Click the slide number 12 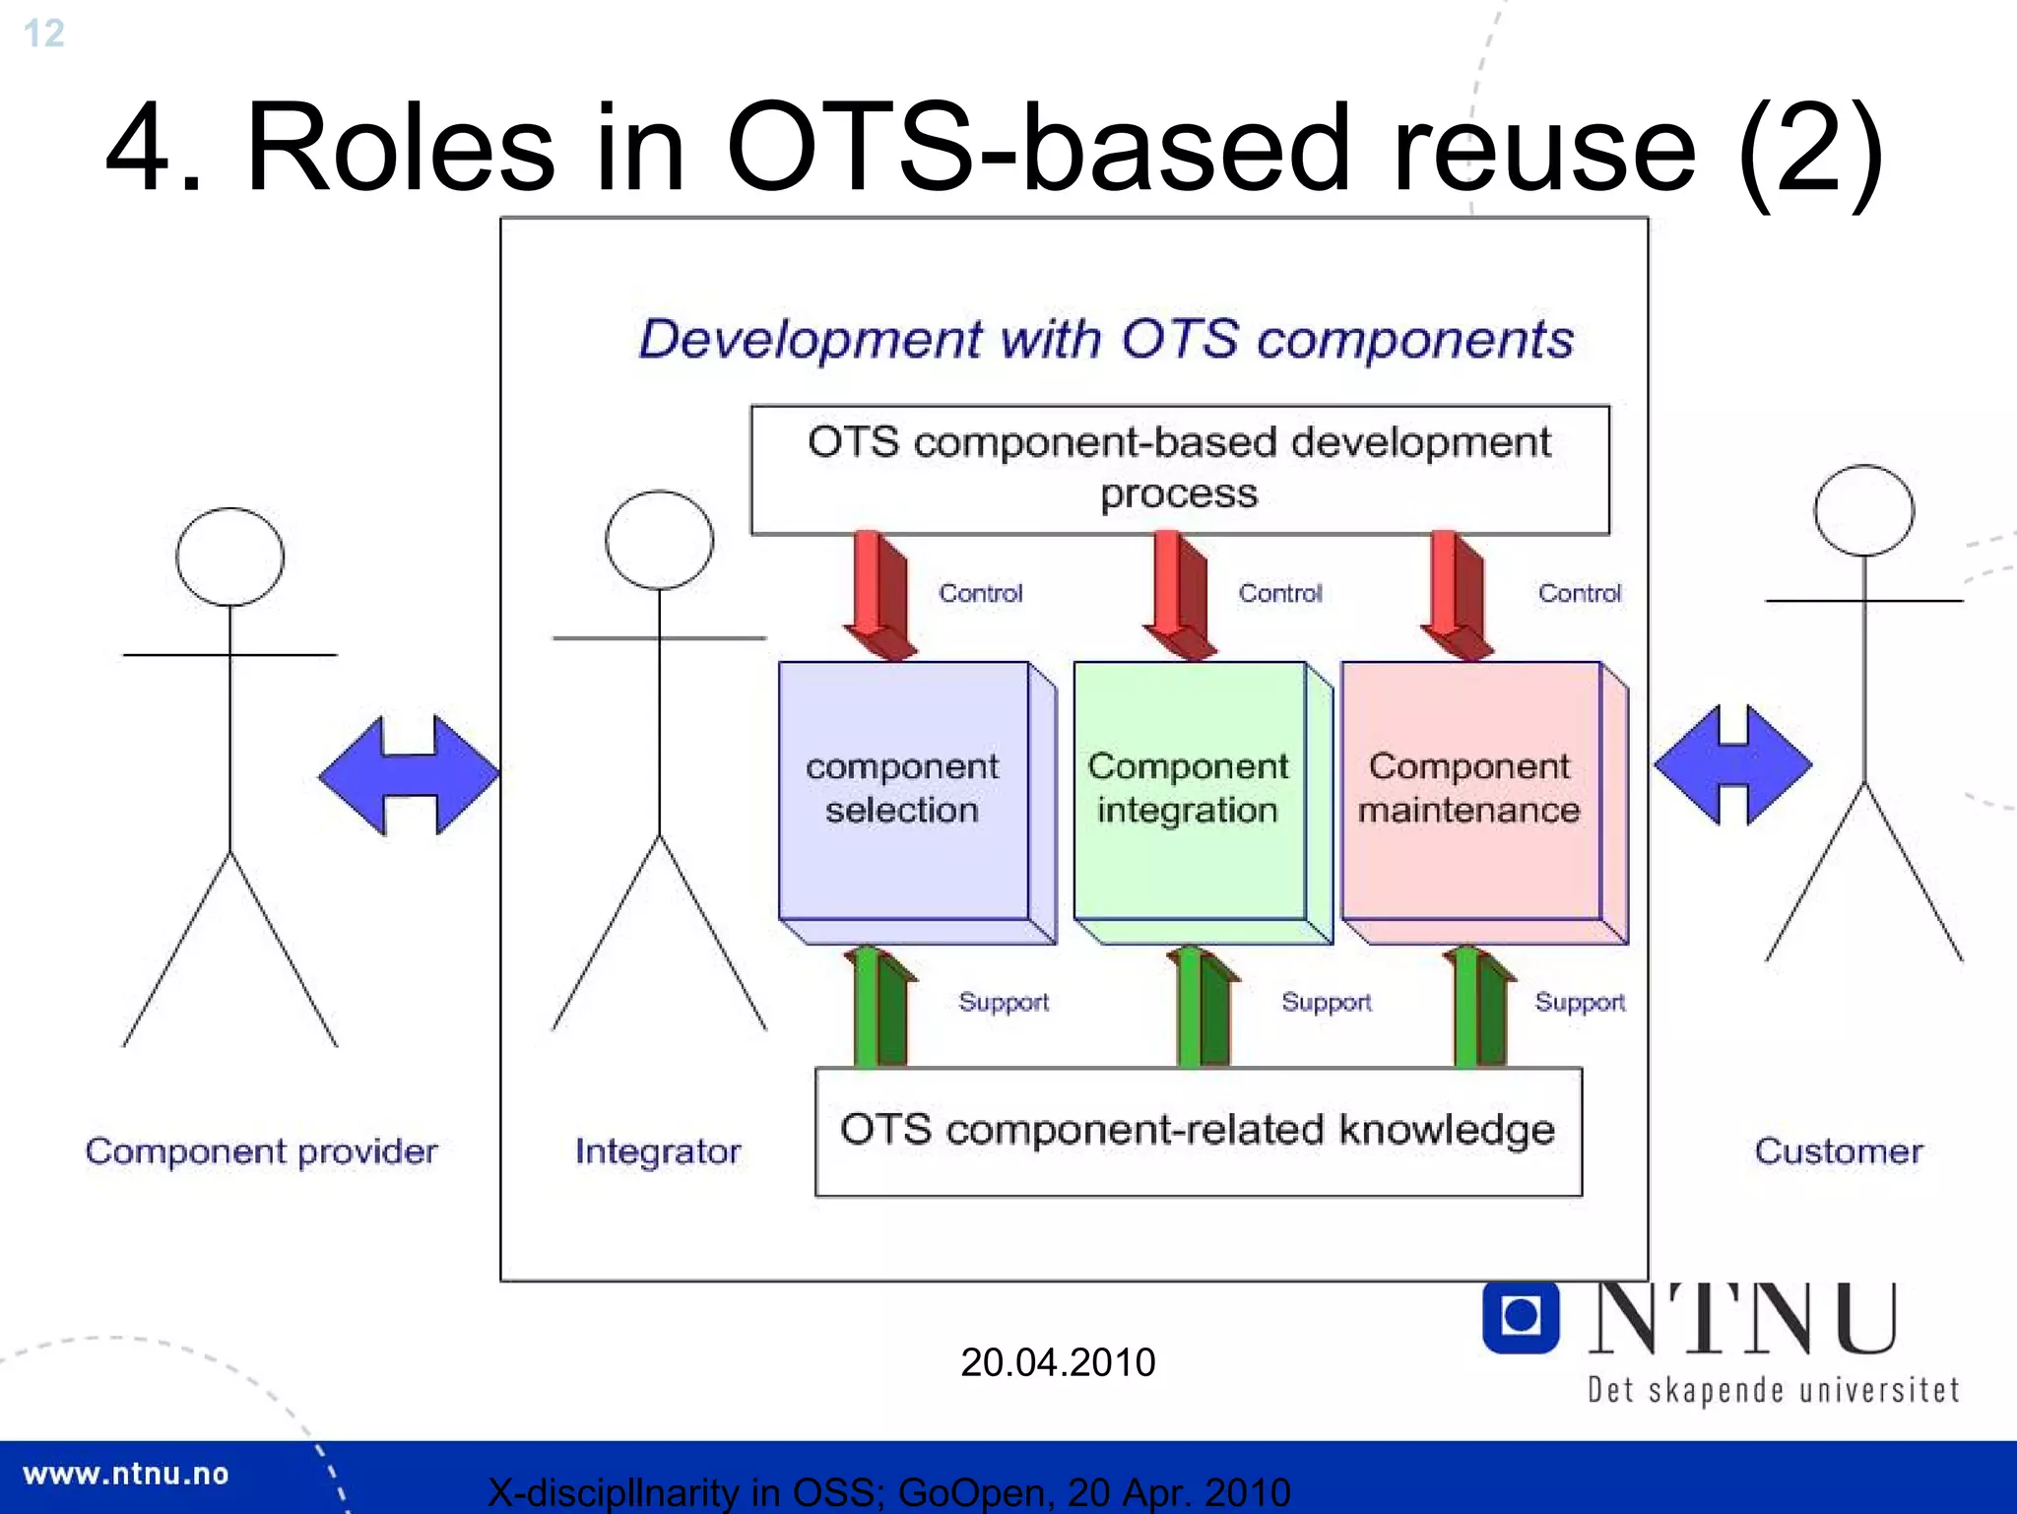[43, 33]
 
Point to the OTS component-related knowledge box [1198, 1131]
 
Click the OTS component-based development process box [1179, 469]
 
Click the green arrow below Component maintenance [1477, 1007]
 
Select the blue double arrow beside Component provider [409, 775]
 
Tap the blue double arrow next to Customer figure [1732, 764]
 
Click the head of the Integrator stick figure [659, 540]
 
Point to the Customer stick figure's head [1863, 511]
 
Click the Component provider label [261, 1152]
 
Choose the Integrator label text [658, 1152]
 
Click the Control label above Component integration [1279, 593]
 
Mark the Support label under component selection [1003, 1002]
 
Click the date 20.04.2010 [1057, 1362]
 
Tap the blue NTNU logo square [1520, 1316]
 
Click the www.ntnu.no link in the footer [125, 1474]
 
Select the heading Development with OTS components [1105, 340]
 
